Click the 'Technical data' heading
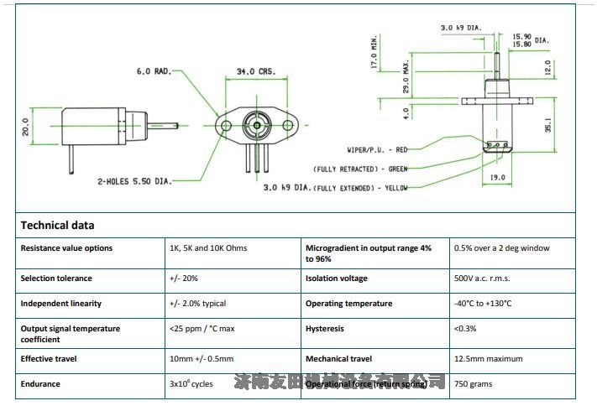(57, 225)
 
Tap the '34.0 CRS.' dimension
(257, 72)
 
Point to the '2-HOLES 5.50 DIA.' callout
(134, 180)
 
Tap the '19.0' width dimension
(496, 177)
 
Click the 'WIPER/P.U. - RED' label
(377, 149)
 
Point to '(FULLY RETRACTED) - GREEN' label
(360, 169)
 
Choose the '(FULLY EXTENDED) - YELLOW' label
(360, 187)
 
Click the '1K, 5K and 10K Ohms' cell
(208, 248)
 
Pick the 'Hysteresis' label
(325, 329)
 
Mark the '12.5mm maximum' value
(488, 359)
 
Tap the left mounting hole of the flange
(226, 126)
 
